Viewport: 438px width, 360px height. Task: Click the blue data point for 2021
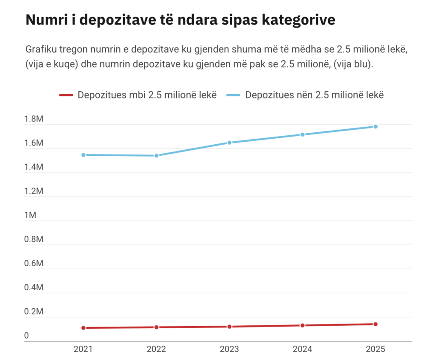point(83,155)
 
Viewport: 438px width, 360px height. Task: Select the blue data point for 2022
point(157,155)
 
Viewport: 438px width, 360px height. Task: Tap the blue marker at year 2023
point(229,143)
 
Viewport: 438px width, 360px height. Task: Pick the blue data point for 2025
point(376,127)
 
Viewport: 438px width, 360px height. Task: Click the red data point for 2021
point(83,328)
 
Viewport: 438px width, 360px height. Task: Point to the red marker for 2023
point(229,327)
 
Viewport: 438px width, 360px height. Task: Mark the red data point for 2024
point(302,325)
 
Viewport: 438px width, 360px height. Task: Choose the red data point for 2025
point(376,324)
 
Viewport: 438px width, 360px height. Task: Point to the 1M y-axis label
point(30,215)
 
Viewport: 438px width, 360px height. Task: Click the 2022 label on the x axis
point(157,349)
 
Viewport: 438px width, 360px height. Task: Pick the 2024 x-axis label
point(302,349)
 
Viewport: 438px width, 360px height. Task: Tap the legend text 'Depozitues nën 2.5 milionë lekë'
point(314,95)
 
